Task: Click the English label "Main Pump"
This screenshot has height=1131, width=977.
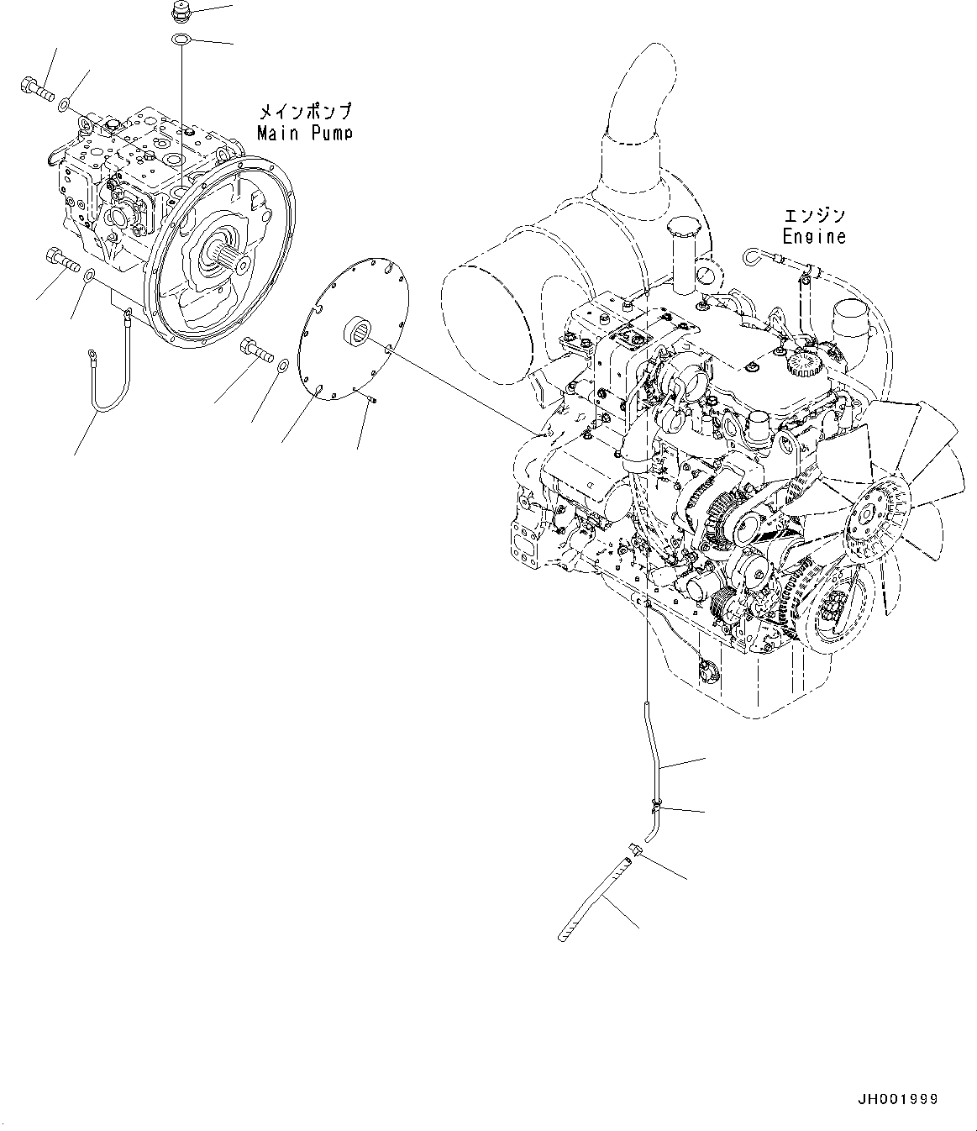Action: (x=304, y=133)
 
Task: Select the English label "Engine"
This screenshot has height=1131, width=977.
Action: (x=814, y=237)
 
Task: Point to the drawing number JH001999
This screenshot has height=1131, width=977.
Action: (x=897, y=1099)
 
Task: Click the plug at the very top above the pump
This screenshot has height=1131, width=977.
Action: (x=180, y=13)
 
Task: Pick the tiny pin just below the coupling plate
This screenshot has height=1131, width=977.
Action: (x=371, y=398)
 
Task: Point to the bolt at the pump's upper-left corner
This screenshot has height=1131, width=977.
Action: (x=35, y=86)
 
